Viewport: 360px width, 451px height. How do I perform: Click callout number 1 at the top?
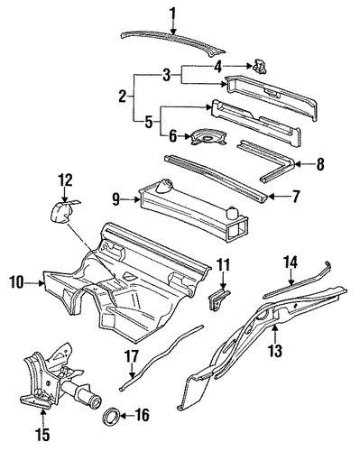click(x=173, y=14)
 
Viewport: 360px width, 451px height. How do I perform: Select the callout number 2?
click(x=123, y=97)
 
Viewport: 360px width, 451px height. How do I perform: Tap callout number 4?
click(x=217, y=67)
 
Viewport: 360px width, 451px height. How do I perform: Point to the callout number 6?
click(x=172, y=136)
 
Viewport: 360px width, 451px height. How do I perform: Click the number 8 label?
click(x=320, y=164)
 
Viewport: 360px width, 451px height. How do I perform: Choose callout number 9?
click(x=116, y=199)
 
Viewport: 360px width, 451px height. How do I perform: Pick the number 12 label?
click(x=65, y=180)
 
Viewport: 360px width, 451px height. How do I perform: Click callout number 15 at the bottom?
click(x=42, y=433)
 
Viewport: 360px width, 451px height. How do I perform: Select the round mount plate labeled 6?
click(x=208, y=137)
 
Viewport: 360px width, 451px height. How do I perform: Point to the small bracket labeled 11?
click(x=219, y=299)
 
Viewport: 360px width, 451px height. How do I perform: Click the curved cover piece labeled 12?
click(x=61, y=211)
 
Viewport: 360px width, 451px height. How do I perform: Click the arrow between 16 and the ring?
click(x=127, y=416)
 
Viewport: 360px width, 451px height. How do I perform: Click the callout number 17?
click(x=132, y=357)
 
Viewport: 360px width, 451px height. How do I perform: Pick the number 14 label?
click(x=291, y=262)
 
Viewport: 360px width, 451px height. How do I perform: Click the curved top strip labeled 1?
click(x=173, y=40)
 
